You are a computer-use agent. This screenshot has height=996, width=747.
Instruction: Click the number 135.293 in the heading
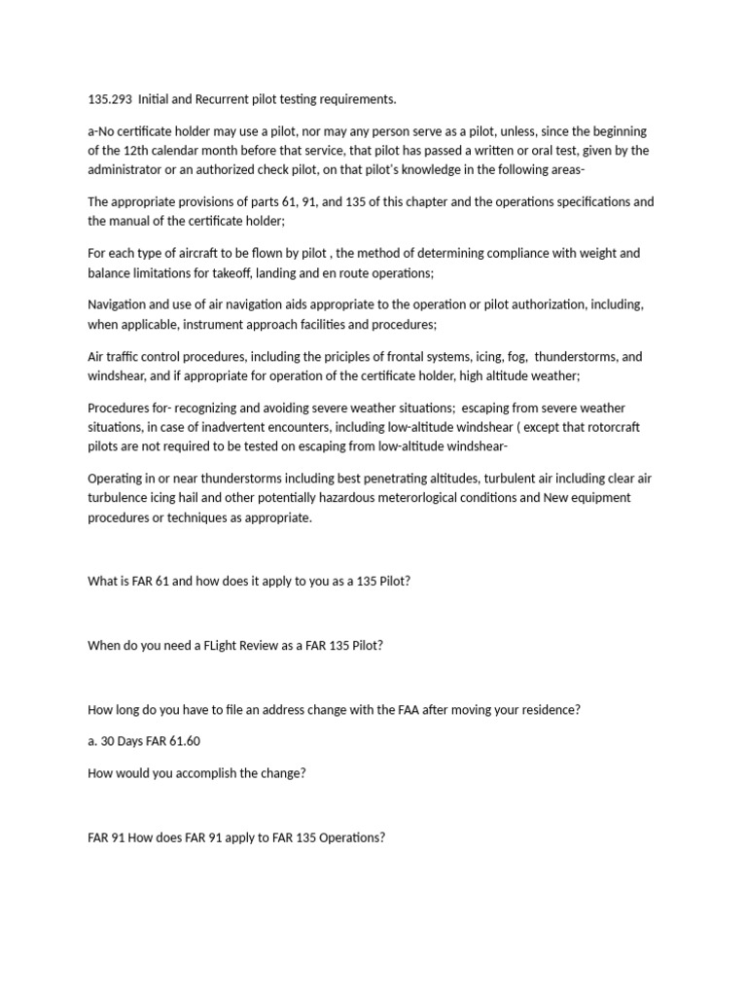pos(109,99)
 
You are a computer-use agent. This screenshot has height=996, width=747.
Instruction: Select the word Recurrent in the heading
pos(230,99)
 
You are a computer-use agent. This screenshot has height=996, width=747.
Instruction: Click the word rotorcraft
pos(605,427)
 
